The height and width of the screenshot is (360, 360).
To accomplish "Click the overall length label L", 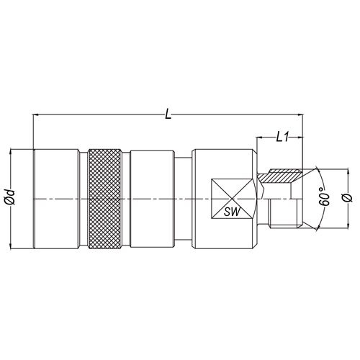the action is pyautogui.click(x=168, y=114).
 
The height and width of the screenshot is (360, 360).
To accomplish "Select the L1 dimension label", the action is pyautogui.click(x=282, y=138).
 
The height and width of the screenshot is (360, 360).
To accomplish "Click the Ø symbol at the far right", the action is pyautogui.click(x=348, y=198).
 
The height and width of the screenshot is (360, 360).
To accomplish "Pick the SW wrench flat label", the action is pyautogui.click(x=232, y=212).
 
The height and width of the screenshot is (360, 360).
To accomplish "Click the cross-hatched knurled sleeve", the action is pyautogui.click(x=104, y=199).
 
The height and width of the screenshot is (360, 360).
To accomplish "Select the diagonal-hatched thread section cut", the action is pyautogui.click(x=279, y=176).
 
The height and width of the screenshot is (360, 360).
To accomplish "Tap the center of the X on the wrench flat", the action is pyautogui.click(x=232, y=199).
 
